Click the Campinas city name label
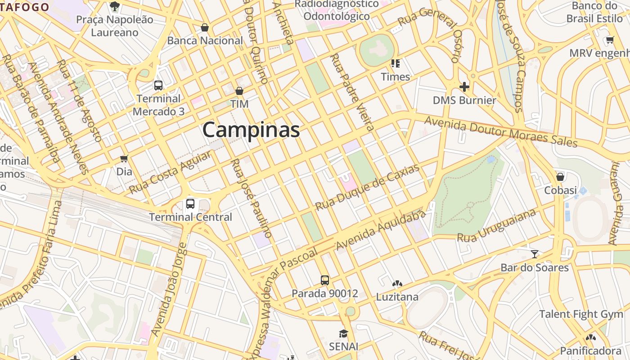click(x=251, y=130)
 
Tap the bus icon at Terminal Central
click(x=190, y=204)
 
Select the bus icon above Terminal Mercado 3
click(x=158, y=85)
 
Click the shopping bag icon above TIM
click(x=239, y=91)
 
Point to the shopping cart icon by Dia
click(x=124, y=158)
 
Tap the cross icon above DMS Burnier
click(x=464, y=86)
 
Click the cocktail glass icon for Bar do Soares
click(x=534, y=254)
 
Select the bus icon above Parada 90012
click(x=325, y=280)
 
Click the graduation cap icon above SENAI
click(x=343, y=333)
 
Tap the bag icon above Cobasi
click(x=560, y=177)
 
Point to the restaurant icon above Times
click(x=396, y=63)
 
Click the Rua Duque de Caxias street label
click(x=367, y=187)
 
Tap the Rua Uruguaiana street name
click(x=497, y=225)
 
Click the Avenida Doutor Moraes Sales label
click(x=500, y=132)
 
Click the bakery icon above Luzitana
click(x=397, y=284)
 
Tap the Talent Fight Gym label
click(x=581, y=314)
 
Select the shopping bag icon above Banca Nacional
click(x=205, y=28)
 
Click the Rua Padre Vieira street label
click(x=352, y=92)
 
